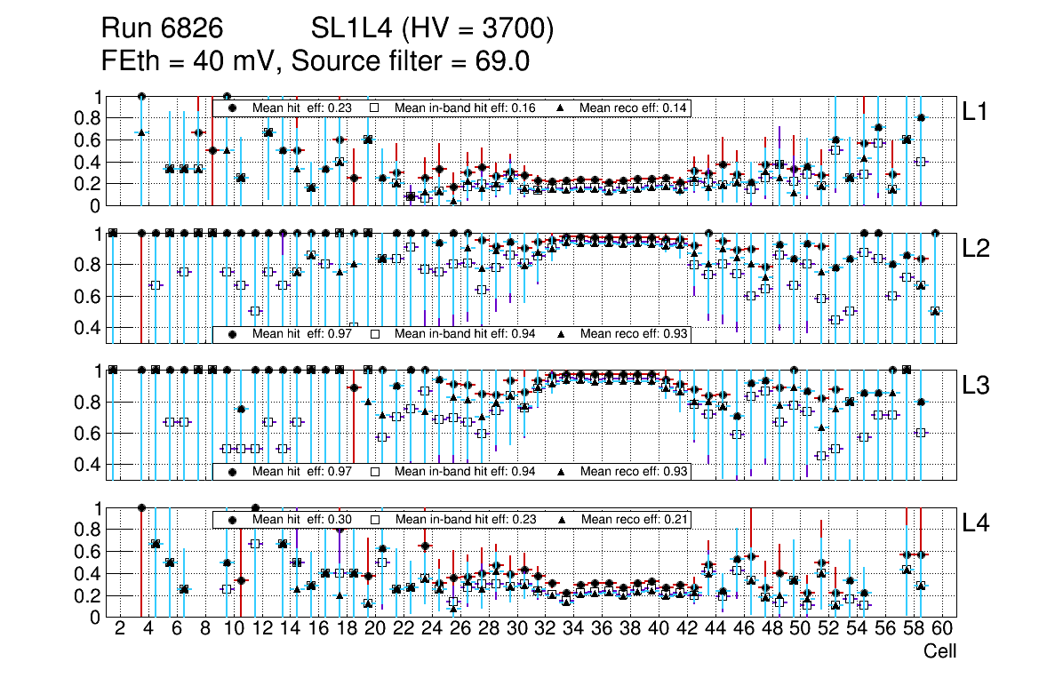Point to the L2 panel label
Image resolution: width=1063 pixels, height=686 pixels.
(x=976, y=248)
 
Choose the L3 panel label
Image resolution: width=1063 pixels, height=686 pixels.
(x=976, y=385)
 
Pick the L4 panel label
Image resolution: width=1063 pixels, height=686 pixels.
(x=976, y=523)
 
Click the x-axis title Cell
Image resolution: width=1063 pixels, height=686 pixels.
(x=939, y=651)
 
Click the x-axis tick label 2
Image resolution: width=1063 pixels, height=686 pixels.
(x=120, y=629)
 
